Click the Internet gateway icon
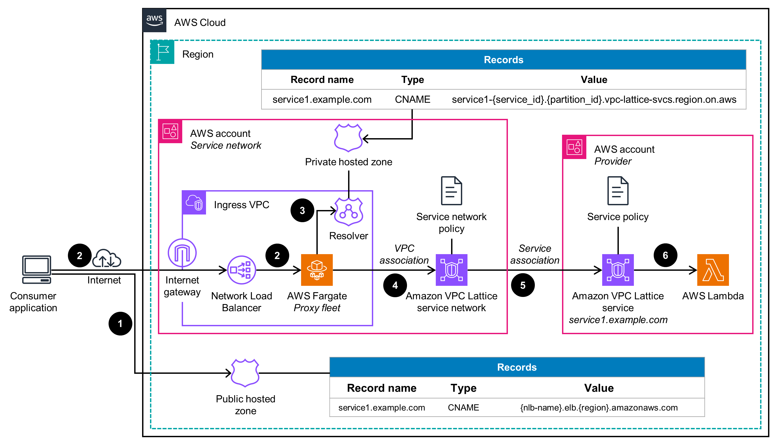click(182, 253)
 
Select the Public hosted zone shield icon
click(245, 373)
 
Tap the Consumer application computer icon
click(36, 269)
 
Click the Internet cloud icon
click(106, 259)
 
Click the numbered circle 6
click(665, 255)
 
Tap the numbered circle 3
click(302, 210)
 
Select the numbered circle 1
click(120, 323)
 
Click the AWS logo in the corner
click(155, 20)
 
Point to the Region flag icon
click(162, 52)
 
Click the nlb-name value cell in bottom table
click(599, 407)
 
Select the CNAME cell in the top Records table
click(412, 99)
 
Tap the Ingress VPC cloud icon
click(194, 203)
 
